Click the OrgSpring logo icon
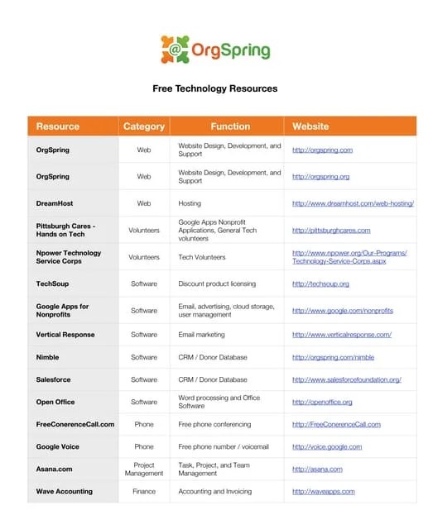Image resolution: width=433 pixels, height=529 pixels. (x=176, y=50)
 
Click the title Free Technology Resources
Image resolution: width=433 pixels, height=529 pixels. (x=214, y=88)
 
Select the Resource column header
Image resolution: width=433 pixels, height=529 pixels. (x=58, y=126)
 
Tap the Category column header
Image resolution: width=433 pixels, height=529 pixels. (x=144, y=126)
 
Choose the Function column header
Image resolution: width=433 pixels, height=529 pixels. (x=230, y=126)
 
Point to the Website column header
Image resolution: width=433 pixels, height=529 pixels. (x=310, y=126)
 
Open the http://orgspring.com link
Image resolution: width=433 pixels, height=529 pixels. (x=322, y=150)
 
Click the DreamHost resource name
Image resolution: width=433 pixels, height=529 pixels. (x=55, y=203)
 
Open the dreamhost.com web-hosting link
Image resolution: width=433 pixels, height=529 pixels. (x=353, y=203)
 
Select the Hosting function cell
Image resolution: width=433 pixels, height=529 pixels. (x=190, y=203)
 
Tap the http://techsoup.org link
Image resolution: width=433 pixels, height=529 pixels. (x=320, y=284)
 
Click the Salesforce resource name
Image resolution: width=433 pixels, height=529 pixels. (x=55, y=379)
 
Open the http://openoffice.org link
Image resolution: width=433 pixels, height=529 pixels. (x=322, y=402)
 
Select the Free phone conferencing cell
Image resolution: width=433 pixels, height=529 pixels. (x=215, y=424)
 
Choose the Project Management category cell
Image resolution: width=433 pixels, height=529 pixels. (x=144, y=469)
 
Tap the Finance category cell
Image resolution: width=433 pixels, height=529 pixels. (x=144, y=491)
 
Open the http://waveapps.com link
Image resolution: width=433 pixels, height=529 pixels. (x=323, y=491)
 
